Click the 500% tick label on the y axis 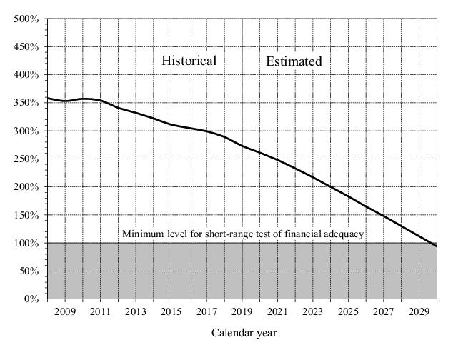click(x=26, y=19)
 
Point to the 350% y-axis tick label click(x=26, y=103)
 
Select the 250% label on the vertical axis click(x=26, y=159)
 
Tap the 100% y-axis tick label click(x=26, y=244)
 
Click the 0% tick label click(x=30, y=299)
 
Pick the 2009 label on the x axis click(x=65, y=311)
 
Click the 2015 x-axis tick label click(x=171, y=311)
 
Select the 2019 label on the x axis click(x=242, y=311)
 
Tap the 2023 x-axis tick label click(x=312, y=311)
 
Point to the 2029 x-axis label click(x=419, y=311)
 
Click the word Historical click(x=189, y=61)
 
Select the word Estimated click(x=294, y=61)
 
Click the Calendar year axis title click(x=244, y=333)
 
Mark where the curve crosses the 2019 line click(x=242, y=146)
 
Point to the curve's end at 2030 click(x=437, y=246)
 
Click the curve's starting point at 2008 click(x=47, y=98)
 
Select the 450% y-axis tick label click(x=26, y=47)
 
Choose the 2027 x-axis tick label click(x=383, y=311)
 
